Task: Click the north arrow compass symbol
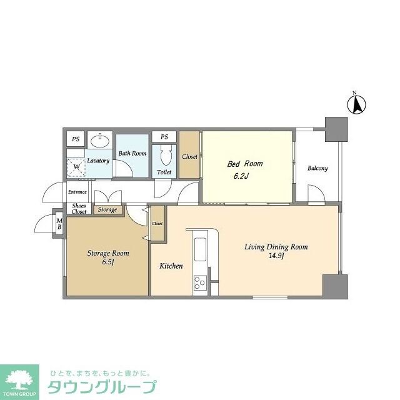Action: pyautogui.click(x=357, y=104)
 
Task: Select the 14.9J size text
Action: pyautogui.click(x=276, y=256)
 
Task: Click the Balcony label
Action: pyautogui.click(x=317, y=168)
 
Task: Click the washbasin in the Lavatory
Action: pyautogui.click(x=98, y=140)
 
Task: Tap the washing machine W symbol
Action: pyautogui.click(x=77, y=167)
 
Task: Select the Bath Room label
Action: pyautogui.click(x=132, y=153)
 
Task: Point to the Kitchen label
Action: pyautogui.click(x=171, y=266)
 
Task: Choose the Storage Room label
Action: pyautogui.click(x=108, y=253)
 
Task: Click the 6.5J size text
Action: pyautogui.click(x=108, y=262)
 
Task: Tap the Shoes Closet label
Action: pyautogui.click(x=79, y=209)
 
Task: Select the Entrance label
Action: pyautogui.click(x=77, y=192)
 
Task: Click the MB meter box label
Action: pyautogui.click(x=59, y=223)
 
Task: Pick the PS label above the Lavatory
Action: pyautogui.click(x=76, y=139)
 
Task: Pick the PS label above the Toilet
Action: pyautogui.click(x=164, y=137)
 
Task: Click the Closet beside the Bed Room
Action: pyautogui.click(x=189, y=156)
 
